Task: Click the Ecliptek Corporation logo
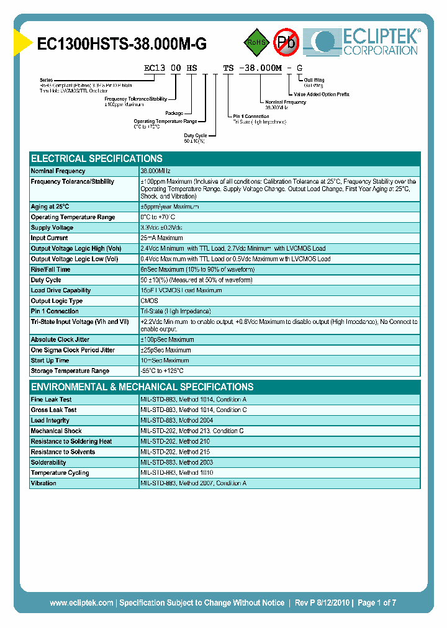tap(366, 42)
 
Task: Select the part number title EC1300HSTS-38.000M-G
tap(122, 43)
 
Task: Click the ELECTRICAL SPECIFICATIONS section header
tap(97, 158)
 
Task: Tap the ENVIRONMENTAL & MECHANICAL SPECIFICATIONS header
tap(142, 387)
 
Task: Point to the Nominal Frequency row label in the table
tap(58, 171)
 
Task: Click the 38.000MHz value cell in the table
tap(156, 171)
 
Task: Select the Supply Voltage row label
tap(52, 228)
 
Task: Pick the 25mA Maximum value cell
tap(162, 238)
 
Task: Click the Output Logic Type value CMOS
tap(150, 301)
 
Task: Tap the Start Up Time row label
tap(50, 361)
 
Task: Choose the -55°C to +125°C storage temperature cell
tap(163, 371)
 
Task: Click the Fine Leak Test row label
tap(52, 400)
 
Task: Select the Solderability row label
tap(48, 462)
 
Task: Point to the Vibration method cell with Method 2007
tap(194, 483)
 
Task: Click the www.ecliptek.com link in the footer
tap(81, 603)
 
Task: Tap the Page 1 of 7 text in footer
tap(376, 603)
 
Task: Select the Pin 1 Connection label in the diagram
tap(251, 117)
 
